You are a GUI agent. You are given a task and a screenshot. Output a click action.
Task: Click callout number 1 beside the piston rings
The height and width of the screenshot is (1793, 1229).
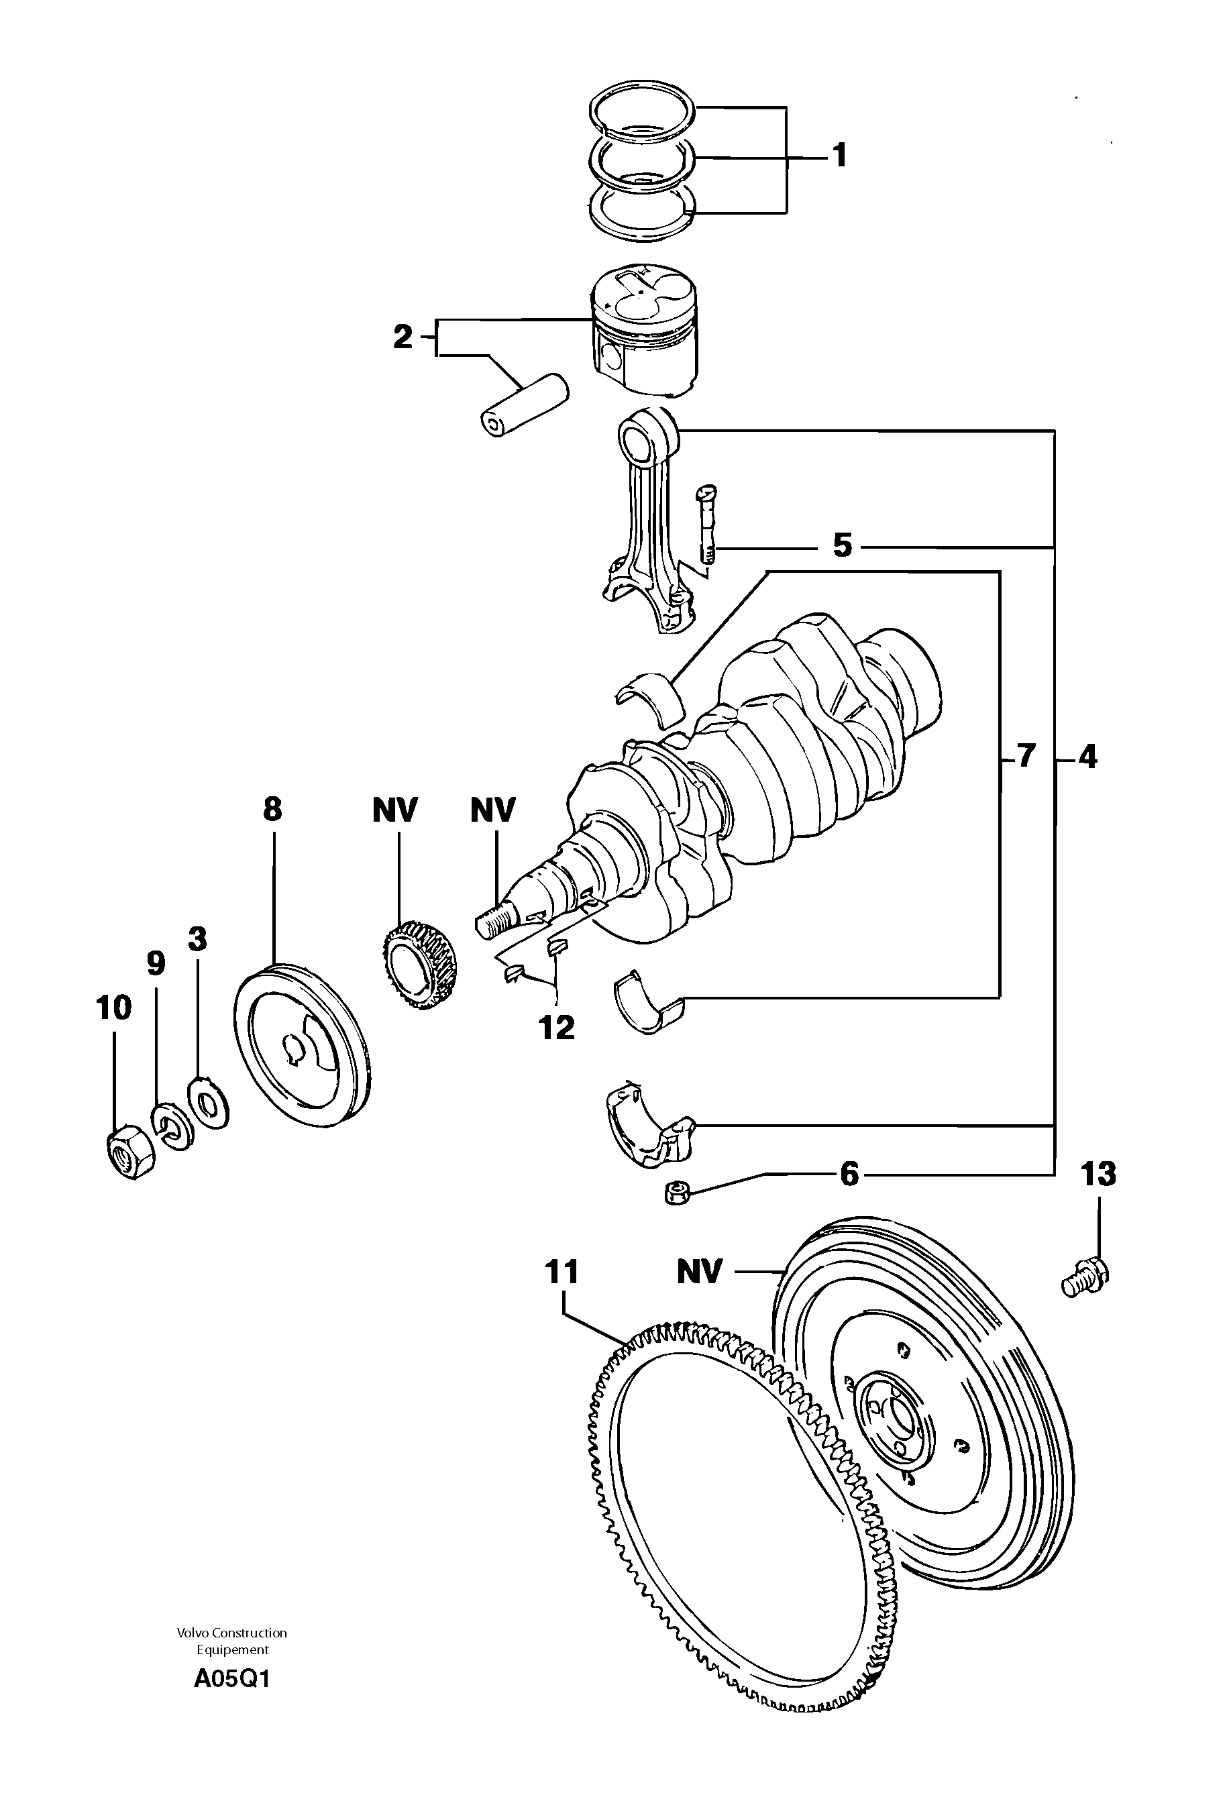coord(839,155)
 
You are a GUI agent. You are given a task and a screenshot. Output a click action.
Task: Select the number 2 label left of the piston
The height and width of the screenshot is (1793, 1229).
coord(403,337)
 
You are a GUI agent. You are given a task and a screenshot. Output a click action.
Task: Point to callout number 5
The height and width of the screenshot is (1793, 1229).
coord(842,545)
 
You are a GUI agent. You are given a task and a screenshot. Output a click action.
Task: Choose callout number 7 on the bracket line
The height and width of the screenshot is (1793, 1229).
coord(1024,757)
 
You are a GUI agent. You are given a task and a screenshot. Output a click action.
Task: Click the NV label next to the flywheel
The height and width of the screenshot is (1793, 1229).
coord(699,1271)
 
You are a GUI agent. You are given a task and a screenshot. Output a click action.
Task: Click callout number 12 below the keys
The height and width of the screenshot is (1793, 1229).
coord(557,1027)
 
